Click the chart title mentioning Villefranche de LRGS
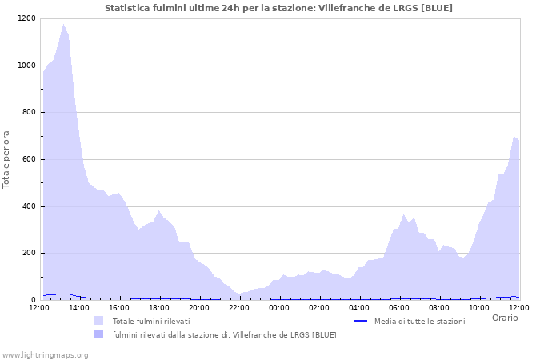pyautogui.click(x=278, y=8)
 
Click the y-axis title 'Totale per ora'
pyautogui.click(x=7, y=159)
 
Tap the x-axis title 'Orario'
pyautogui.click(x=505, y=318)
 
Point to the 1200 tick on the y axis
pyautogui.click(x=26, y=18)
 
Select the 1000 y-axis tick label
pyautogui.click(x=26, y=66)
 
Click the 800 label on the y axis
pyautogui.click(x=28, y=113)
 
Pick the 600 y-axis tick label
pyautogui.click(x=28, y=159)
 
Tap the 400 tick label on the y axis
pyautogui.click(x=28, y=206)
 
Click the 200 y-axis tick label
pyautogui.click(x=28, y=254)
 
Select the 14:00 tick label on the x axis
pyautogui.click(x=79, y=307)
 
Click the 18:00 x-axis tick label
pyautogui.click(x=159, y=307)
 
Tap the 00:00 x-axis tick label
pyautogui.click(x=279, y=307)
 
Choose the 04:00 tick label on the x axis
pyautogui.click(x=359, y=307)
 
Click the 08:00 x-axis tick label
pyautogui.click(x=439, y=307)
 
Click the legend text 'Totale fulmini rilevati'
pyautogui.click(x=151, y=321)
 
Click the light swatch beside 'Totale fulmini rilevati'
pyautogui.click(x=99, y=321)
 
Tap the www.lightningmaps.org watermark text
pyautogui.click(x=45, y=354)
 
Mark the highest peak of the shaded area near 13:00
pyautogui.click(x=63, y=25)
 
